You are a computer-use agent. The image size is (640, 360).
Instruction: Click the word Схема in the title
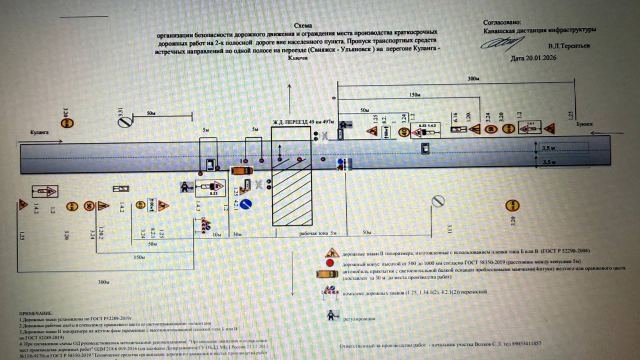pyautogui.click(x=303, y=25)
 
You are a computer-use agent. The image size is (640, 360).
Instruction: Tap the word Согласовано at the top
pyautogui.click(x=502, y=22)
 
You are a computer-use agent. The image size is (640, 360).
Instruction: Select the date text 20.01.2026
pyautogui.click(x=541, y=58)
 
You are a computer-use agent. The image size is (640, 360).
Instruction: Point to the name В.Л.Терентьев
pyautogui.click(x=569, y=46)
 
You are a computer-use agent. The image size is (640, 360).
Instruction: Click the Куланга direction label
pyautogui.click(x=39, y=132)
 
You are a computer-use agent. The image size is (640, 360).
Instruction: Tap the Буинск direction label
pyautogui.click(x=584, y=124)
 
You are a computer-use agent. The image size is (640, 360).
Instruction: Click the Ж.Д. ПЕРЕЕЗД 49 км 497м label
pyautogui.click(x=303, y=122)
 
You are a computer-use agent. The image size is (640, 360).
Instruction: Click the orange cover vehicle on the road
pyautogui.click(x=242, y=171)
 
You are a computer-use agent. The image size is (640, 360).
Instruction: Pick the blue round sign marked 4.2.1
pyautogui.click(x=246, y=204)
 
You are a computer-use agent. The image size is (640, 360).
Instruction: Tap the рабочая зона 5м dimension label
pyautogui.click(x=318, y=233)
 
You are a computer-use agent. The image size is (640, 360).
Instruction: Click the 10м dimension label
pyautogui.click(x=216, y=234)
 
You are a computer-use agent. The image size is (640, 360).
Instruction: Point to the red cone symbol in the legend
pyautogui.click(x=330, y=263)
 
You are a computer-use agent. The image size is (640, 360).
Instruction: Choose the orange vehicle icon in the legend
pyautogui.click(x=327, y=274)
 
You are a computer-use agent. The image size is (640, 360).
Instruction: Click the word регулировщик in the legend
pyautogui.click(x=359, y=319)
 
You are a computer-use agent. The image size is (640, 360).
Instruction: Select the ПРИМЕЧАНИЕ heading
pyautogui.click(x=36, y=313)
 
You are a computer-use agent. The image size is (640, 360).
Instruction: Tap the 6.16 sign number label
pyautogui.click(x=455, y=117)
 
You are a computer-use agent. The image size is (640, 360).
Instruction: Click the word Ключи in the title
pyautogui.click(x=298, y=58)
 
